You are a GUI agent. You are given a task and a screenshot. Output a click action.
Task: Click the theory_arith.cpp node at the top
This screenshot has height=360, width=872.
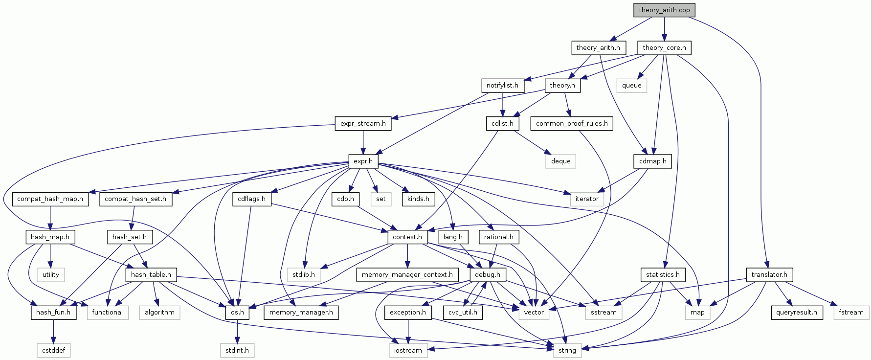pyautogui.click(x=664, y=10)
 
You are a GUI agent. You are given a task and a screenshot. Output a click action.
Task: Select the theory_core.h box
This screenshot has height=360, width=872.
pyautogui.click(x=664, y=47)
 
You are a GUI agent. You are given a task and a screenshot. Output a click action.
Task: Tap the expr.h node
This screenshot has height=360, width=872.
pyautogui.click(x=363, y=161)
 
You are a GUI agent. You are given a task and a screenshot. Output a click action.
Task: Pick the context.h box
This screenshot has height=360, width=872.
pyautogui.click(x=407, y=237)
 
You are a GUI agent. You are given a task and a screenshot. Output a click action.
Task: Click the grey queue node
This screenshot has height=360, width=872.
pyautogui.click(x=631, y=85)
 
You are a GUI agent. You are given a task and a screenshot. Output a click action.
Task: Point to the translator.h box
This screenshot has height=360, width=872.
pyautogui.click(x=769, y=274)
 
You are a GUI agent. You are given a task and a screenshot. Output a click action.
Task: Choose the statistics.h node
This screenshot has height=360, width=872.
pyautogui.click(x=663, y=274)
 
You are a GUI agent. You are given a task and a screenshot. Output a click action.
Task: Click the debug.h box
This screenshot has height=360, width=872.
pyautogui.click(x=488, y=274)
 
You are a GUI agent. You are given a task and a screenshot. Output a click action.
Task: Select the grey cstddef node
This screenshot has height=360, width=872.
pyautogui.click(x=54, y=350)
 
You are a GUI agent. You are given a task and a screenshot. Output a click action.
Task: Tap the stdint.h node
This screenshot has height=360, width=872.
pyautogui.click(x=237, y=350)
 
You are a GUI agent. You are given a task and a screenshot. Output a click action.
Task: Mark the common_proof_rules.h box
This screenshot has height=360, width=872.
pyautogui.click(x=572, y=123)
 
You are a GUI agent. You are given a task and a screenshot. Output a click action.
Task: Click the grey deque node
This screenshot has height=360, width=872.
pyautogui.click(x=560, y=161)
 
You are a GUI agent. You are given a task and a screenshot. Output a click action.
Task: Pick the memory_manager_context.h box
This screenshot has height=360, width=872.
pyautogui.click(x=407, y=274)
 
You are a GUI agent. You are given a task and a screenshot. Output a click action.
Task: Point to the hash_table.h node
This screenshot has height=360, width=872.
pyautogui.click(x=151, y=274)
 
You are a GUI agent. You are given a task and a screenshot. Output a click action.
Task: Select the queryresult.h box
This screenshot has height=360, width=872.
pyautogui.click(x=797, y=312)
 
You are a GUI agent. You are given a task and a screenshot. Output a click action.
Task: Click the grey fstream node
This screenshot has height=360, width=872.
pyautogui.click(x=851, y=312)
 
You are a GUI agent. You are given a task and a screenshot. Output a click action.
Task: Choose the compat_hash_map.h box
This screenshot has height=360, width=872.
pyautogui.click(x=50, y=199)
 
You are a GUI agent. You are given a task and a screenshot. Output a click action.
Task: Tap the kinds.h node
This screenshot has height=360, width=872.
pyautogui.click(x=418, y=199)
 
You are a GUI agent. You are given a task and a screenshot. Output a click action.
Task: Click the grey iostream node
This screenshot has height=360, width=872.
pyautogui.click(x=408, y=350)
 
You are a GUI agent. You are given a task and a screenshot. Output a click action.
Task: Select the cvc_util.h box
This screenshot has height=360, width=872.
pyautogui.click(x=463, y=312)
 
